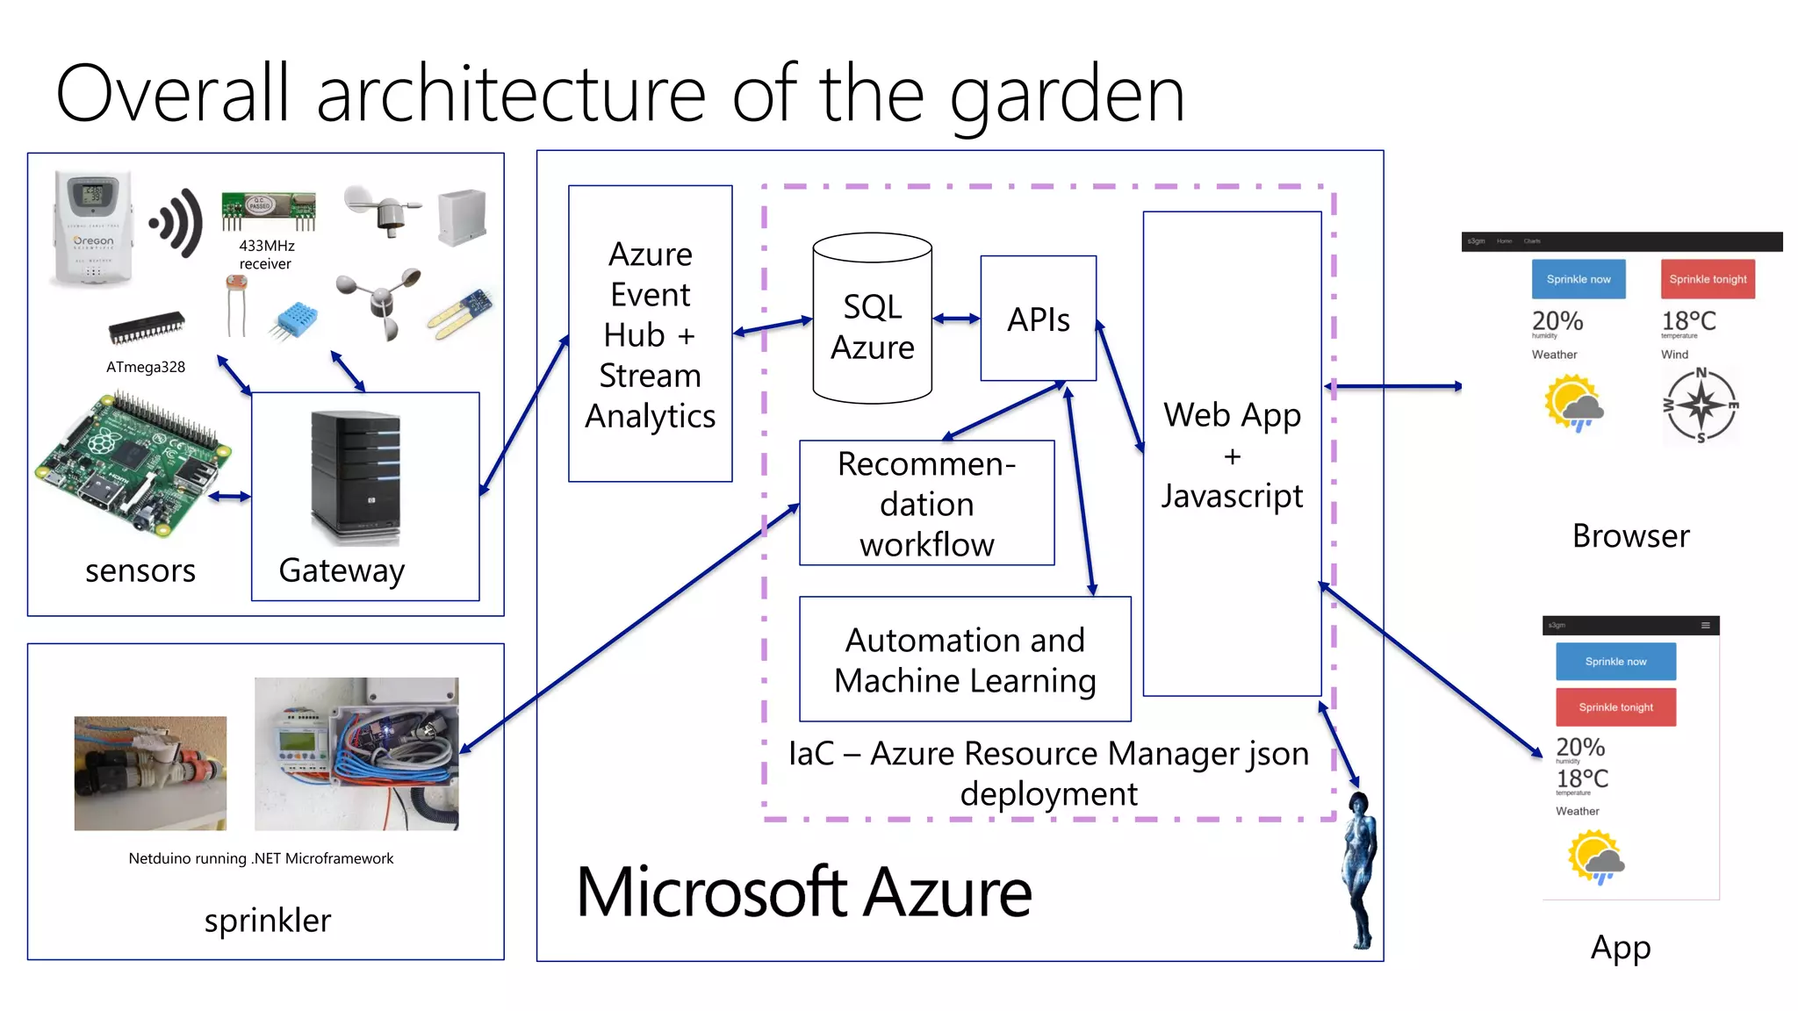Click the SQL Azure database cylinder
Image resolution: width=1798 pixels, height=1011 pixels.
[x=872, y=320]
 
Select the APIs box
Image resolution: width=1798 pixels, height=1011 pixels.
[x=1038, y=319]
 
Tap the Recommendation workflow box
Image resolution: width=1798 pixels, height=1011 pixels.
[x=926, y=504]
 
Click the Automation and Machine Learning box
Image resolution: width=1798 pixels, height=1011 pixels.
[x=964, y=659]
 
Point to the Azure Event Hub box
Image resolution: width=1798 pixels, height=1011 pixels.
[x=650, y=334]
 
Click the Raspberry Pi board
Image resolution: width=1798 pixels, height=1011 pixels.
[x=132, y=465]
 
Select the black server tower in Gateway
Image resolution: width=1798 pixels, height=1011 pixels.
[x=356, y=478]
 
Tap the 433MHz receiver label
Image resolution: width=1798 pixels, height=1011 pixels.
[x=266, y=255]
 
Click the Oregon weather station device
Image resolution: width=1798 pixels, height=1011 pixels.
[x=93, y=228]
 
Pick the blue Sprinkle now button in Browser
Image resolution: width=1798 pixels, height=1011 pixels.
[x=1578, y=279]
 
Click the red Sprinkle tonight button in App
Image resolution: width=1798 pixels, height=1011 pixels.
[x=1615, y=706]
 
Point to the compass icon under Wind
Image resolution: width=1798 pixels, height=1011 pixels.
[x=1701, y=405]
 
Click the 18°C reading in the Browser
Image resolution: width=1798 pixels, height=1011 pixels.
[x=1687, y=321]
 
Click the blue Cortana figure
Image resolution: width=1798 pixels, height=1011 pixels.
[x=1360, y=869]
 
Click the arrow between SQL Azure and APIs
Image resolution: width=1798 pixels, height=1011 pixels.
[x=955, y=319]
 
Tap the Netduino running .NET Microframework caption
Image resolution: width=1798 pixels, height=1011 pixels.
[x=261, y=858]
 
